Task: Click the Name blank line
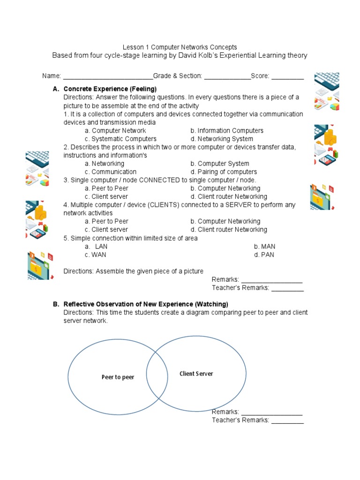(108, 76)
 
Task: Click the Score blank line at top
(287, 76)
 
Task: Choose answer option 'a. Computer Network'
(115, 131)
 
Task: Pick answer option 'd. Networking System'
(222, 139)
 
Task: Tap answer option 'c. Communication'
(111, 172)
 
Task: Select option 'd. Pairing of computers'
(224, 172)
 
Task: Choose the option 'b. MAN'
(264, 247)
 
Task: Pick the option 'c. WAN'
(96, 255)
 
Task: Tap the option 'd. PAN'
(264, 255)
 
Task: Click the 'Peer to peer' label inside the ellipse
(118, 377)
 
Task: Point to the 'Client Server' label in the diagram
(196, 374)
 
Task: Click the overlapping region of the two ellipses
(157, 375)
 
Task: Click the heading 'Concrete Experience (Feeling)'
(110, 89)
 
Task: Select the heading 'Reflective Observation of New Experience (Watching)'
(146, 304)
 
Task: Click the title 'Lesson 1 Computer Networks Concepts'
(180, 47)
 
